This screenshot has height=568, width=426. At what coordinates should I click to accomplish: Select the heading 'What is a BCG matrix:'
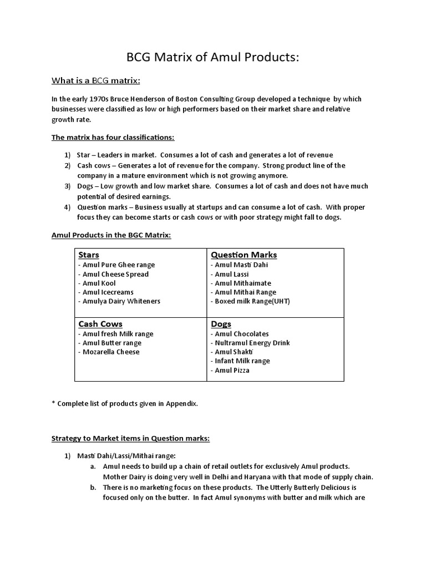tap(96, 81)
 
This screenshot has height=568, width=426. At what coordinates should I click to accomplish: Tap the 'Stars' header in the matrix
tap(89, 255)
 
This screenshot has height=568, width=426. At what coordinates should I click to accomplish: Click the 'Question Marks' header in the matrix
tap(244, 255)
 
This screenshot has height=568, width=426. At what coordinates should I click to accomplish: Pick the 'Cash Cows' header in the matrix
tap(100, 324)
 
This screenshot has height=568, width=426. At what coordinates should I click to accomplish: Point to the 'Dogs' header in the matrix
tap(221, 324)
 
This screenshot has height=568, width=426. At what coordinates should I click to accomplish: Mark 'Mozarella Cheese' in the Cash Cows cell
tap(109, 352)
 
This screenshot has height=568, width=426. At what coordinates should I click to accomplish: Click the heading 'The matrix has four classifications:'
tap(113, 137)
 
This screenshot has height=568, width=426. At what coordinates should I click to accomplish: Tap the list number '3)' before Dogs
tap(67, 186)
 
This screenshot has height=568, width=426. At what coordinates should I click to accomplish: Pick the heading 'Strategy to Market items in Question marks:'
tap(131, 438)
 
